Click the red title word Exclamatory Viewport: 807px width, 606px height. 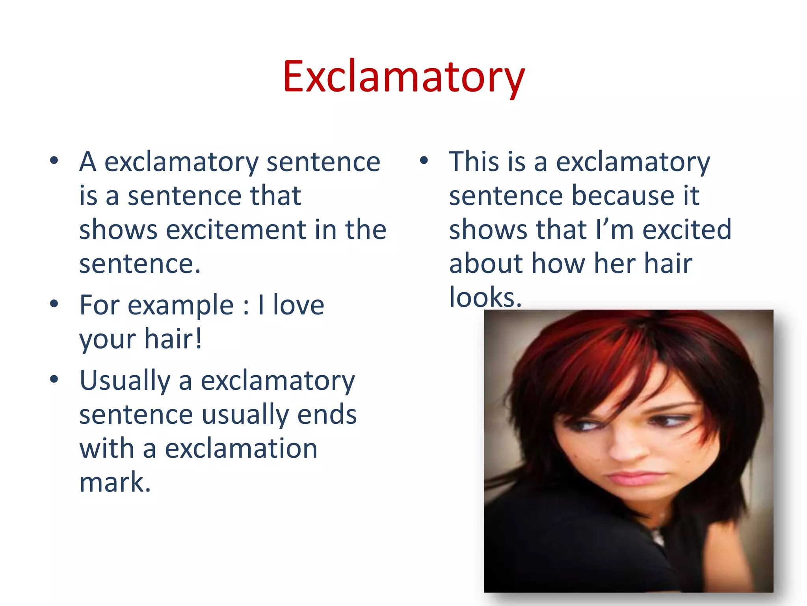[403, 77]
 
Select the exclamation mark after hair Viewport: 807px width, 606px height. [199, 338]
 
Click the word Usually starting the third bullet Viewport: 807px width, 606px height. [125, 381]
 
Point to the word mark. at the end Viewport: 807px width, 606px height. [115, 482]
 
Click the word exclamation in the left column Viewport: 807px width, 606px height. [241, 449]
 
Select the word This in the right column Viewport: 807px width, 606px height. [474, 162]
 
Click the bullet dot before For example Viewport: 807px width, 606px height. [54, 304]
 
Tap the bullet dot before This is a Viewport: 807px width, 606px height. [424, 161]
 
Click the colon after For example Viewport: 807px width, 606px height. [246, 306]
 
